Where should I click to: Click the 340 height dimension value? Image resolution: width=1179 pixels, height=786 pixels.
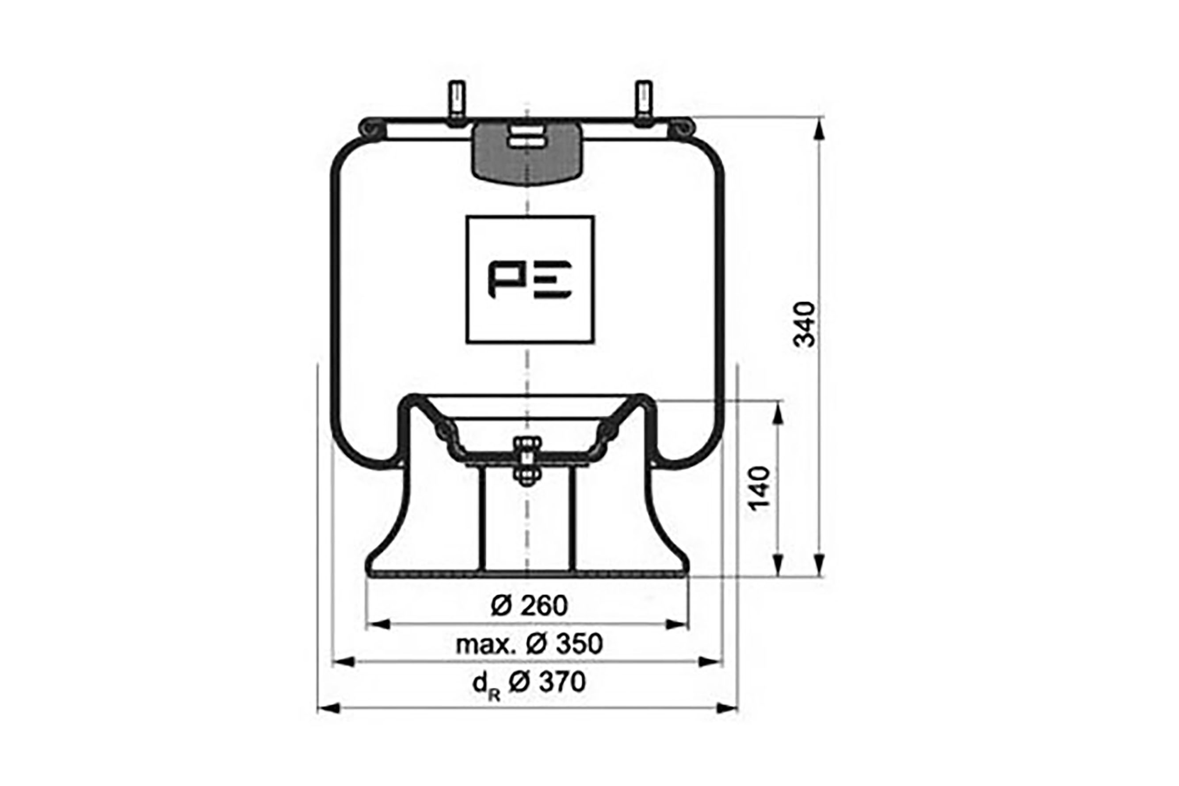805,324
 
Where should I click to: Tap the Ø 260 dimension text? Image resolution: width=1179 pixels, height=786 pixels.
529,606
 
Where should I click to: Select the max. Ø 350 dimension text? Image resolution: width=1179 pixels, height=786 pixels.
529,644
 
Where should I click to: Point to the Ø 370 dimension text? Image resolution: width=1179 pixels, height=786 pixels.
547,682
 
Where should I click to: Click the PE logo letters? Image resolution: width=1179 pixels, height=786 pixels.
530,280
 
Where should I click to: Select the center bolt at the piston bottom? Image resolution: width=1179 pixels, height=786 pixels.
526,461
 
